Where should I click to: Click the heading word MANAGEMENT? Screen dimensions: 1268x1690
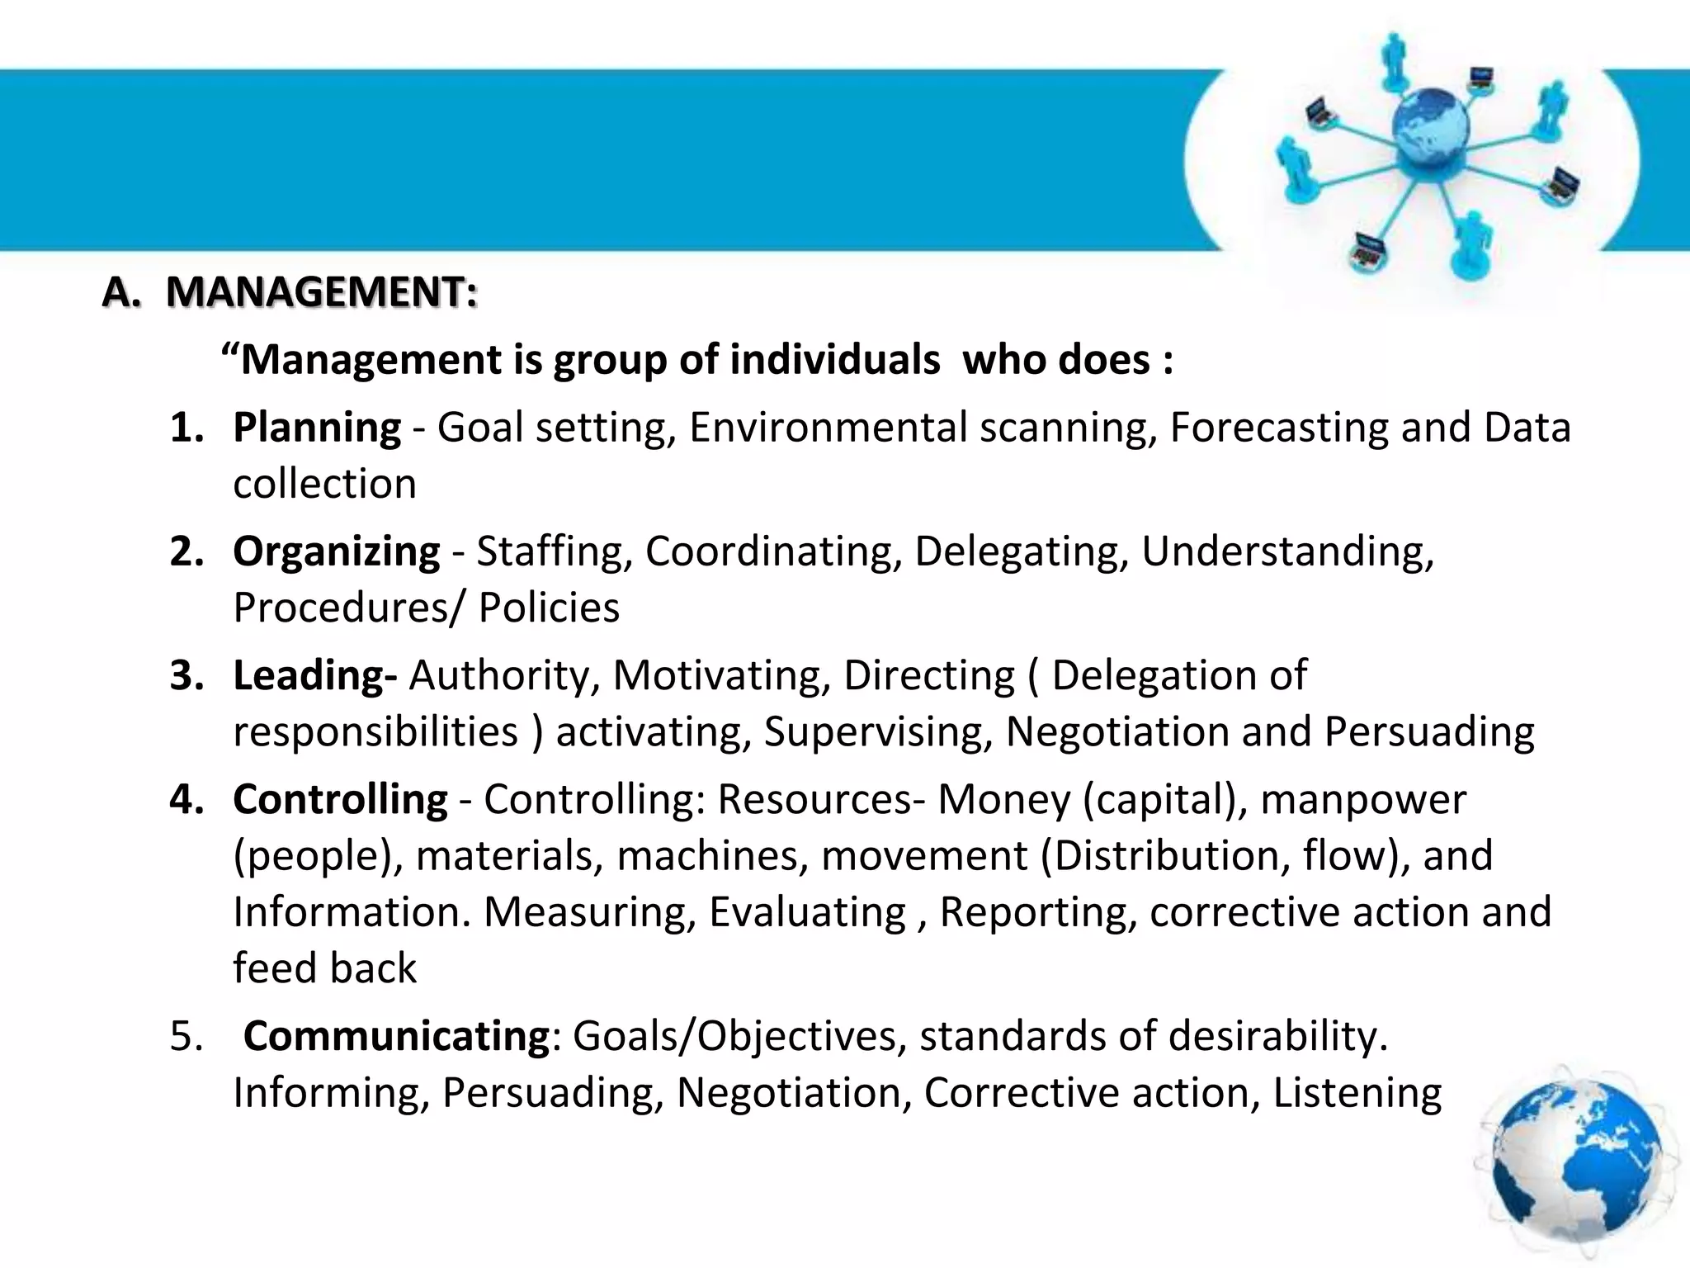pos(321,292)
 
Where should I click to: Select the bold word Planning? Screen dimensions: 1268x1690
pos(317,428)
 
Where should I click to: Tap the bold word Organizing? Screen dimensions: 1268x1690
pos(337,551)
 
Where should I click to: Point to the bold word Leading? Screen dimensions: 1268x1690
pos(309,675)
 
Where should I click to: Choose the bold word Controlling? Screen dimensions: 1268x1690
pos(340,799)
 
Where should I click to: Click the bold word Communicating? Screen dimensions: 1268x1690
pos(396,1035)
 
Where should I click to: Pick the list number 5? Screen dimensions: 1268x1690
pos(186,1035)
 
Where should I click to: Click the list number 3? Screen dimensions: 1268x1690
pos(186,675)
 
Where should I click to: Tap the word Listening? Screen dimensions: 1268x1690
pos(1357,1093)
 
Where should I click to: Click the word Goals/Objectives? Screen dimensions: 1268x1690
pos(734,1035)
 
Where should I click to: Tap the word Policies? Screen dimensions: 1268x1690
pos(549,608)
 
